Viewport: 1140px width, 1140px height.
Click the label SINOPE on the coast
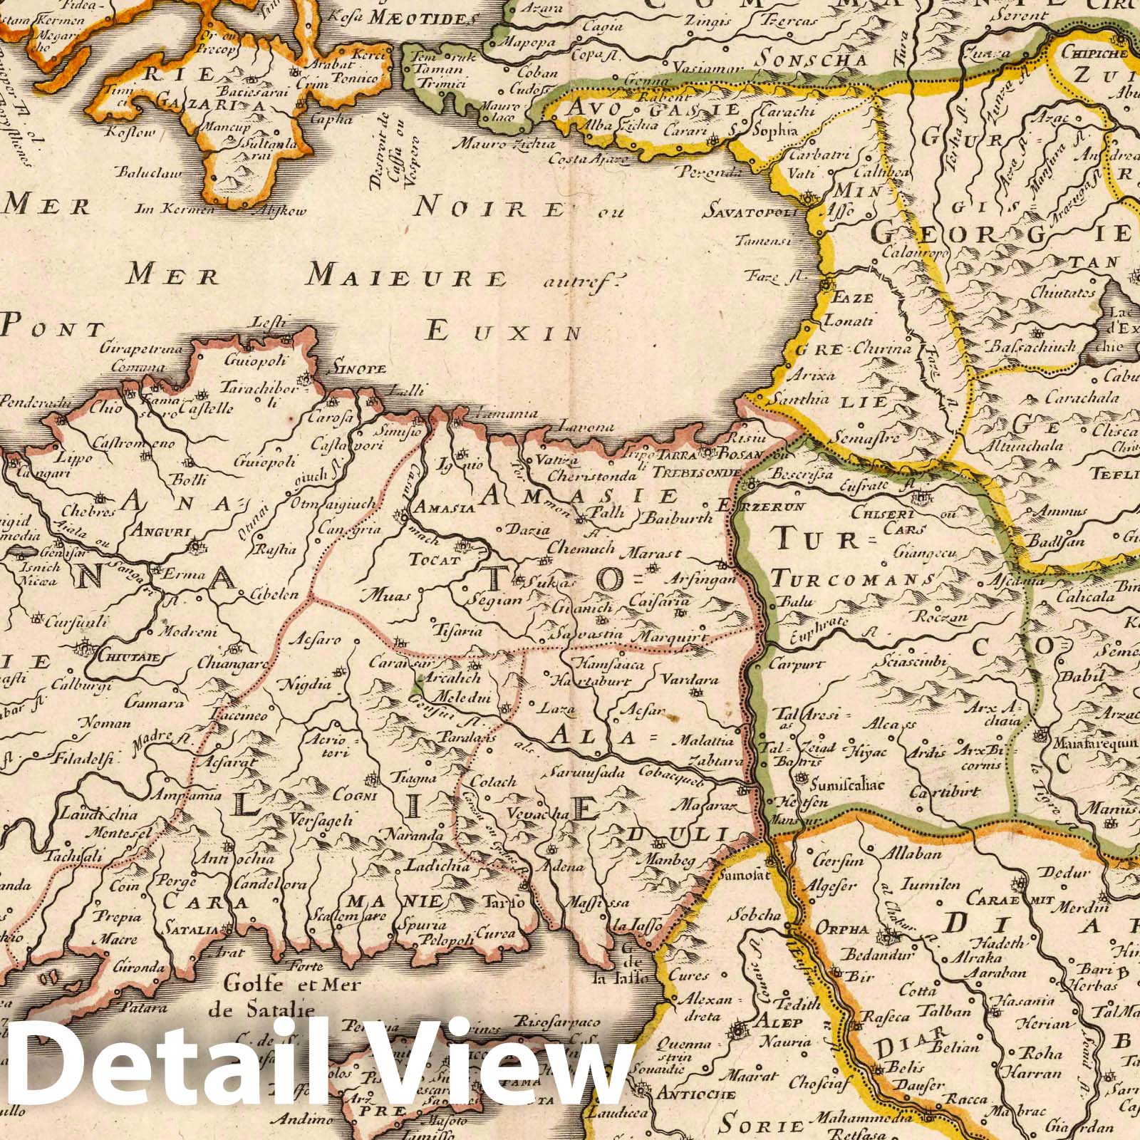[356, 368]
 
